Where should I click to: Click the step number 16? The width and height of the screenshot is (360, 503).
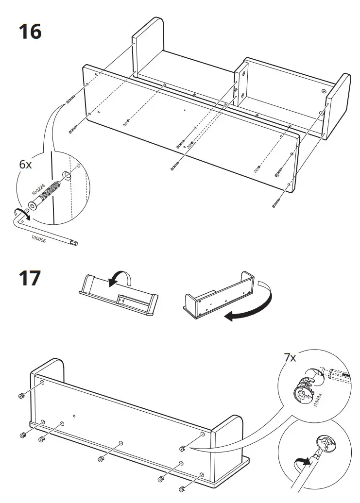point(30,32)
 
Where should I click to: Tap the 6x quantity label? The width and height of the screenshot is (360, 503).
point(25,165)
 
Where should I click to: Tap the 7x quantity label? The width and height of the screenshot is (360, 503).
point(290,358)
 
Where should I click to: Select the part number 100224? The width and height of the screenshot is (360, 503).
point(37,189)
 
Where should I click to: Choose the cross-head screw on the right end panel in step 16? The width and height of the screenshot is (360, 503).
point(324,91)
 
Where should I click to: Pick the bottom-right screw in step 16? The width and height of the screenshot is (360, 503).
point(277,203)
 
